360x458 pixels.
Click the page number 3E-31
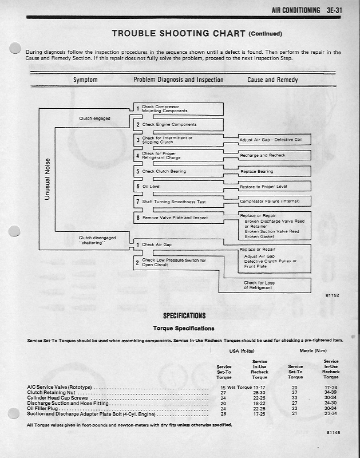342,10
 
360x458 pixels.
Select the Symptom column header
85,80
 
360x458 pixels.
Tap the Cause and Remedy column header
272,80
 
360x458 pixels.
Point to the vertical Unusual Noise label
48,179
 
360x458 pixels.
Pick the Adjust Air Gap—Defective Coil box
275,140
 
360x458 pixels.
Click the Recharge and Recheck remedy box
275,155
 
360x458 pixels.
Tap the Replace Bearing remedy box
275,171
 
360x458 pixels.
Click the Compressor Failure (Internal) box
275,202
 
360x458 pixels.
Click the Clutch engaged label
94,119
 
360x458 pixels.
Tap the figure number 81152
332,295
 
